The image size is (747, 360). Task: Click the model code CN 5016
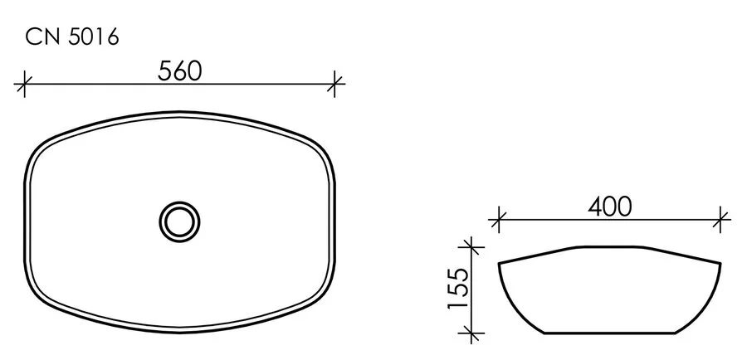tap(72, 36)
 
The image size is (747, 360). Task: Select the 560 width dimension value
tap(180, 71)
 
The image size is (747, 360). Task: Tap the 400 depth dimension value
tap(609, 207)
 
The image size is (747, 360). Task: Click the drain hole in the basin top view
tap(179, 221)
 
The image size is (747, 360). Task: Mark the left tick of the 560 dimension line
tap(25, 83)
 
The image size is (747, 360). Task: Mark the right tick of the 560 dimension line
tap(335, 83)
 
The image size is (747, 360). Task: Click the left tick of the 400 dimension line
tap(498, 220)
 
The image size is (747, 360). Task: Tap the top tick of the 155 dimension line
tap(471, 246)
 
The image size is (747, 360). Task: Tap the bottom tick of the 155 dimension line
tap(471, 333)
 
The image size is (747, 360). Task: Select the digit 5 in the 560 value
tap(165, 71)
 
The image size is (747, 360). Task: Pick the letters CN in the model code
tap(41, 36)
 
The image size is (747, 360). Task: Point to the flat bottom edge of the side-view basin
tap(609, 333)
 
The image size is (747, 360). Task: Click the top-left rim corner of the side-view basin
tap(500, 265)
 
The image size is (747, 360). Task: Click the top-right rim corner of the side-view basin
tap(719, 265)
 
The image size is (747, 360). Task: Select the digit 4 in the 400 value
tap(593, 207)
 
